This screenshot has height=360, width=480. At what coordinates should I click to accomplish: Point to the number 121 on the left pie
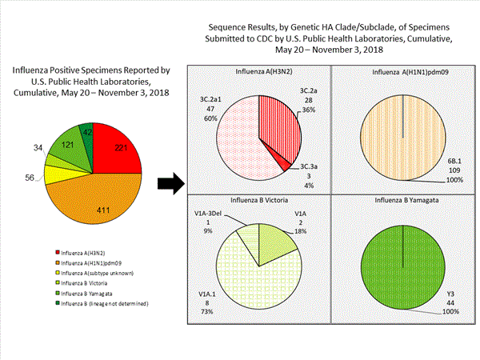pyautogui.click(x=70, y=146)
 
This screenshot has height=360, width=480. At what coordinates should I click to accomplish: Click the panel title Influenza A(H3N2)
pyautogui.click(x=257, y=73)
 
